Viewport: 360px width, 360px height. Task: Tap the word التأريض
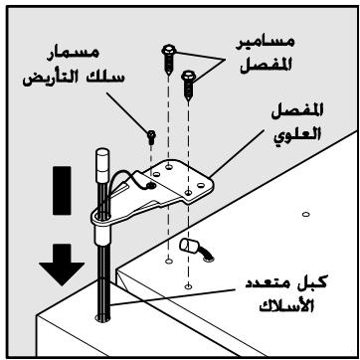click(49, 79)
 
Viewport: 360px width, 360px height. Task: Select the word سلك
click(101, 78)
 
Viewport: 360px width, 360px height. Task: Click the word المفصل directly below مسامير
click(266, 65)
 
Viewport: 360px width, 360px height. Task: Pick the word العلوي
click(296, 134)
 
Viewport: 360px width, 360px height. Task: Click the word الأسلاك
click(286, 306)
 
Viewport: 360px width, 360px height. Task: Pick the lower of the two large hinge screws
click(188, 86)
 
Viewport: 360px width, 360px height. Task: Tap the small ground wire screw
click(151, 137)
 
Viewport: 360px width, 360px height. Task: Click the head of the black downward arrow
click(62, 265)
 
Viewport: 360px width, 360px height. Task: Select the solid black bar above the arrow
click(62, 190)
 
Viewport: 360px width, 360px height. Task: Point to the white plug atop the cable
click(102, 165)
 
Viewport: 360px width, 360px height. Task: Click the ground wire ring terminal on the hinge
click(151, 185)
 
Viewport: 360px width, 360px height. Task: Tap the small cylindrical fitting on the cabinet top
click(188, 246)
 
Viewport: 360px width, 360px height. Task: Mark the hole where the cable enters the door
click(102, 318)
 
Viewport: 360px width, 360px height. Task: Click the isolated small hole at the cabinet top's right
click(306, 214)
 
